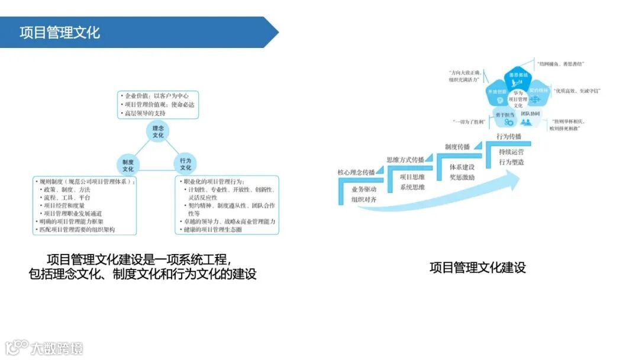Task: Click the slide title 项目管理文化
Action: coord(60,33)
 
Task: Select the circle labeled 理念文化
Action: coord(158,131)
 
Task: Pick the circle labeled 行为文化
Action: coord(186,163)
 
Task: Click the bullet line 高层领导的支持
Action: coord(144,112)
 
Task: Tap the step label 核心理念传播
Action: coord(356,172)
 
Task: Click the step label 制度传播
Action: coord(457,146)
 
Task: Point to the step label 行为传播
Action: coord(509,136)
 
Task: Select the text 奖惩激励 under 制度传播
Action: coord(461,176)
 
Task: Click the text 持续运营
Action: coord(511,152)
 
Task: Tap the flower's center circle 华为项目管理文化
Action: coord(518,98)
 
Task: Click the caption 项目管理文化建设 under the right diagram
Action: coord(477,268)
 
